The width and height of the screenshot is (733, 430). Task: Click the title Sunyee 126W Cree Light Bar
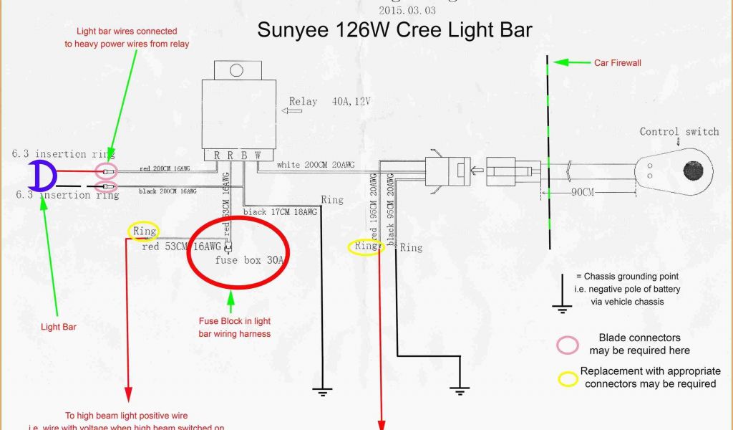(x=394, y=30)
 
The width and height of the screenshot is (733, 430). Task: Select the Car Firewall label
(x=618, y=63)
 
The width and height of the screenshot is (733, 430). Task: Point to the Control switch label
(x=679, y=132)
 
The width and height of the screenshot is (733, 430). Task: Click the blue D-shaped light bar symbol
(x=42, y=174)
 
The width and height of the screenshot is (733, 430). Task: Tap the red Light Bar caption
(x=59, y=327)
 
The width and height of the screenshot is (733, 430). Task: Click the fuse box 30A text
(x=250, y=260)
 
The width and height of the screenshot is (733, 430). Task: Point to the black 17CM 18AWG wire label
(x=279, y=212)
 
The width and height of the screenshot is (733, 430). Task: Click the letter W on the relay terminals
(x=257, y=155)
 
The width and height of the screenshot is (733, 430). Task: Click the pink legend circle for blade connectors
(x=568, y=345)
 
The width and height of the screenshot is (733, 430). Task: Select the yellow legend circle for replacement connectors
(x=568, y=378)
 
